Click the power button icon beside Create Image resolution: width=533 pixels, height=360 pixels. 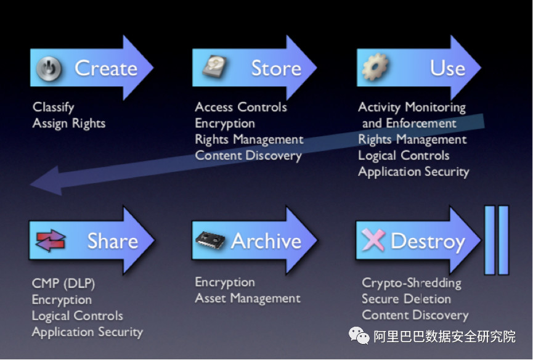pos(49,68)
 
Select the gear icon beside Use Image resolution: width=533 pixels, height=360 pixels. pos(375,67)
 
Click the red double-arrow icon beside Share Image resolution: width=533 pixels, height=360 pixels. pos(51,240)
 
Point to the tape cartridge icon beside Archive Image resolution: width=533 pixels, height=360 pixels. pos(210,240)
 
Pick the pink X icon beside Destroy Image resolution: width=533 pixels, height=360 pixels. pos(373,239)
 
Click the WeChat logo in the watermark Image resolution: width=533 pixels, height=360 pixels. pos(359,335)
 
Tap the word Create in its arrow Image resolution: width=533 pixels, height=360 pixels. pos(106,68)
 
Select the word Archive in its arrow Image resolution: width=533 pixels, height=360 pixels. pos(266,241)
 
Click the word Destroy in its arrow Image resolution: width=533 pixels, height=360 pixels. pos(428,242)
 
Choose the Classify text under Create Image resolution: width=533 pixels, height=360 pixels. pos(54,107)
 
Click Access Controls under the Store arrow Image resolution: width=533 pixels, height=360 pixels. pos(241,107)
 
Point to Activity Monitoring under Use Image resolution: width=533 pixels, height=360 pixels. pos(412,107)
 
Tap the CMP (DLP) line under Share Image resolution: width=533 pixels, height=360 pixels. pos(63,283)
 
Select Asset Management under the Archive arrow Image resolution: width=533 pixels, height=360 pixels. pos(248,298)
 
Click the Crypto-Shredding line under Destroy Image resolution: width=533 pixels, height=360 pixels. pos(412,283)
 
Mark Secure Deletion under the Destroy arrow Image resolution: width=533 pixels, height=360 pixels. pos(407,299)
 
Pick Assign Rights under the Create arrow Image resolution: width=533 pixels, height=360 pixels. pos(69,123)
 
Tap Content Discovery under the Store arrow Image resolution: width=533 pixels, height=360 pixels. pos(248,156)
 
